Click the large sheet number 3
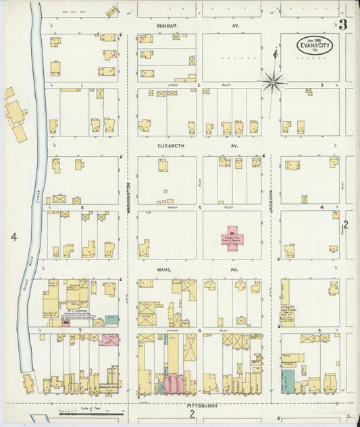(x=343, y=26)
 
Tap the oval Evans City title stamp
(x=313, y=45)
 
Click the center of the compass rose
(x=273, y=82)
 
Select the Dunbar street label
(x=167, y=26)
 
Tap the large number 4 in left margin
(x=11, y=236)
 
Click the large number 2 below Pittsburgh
(x=192, y=413)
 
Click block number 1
(x=81, y=86)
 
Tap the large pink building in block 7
(x=109, y=339)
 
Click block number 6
(x=81, y=207)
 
